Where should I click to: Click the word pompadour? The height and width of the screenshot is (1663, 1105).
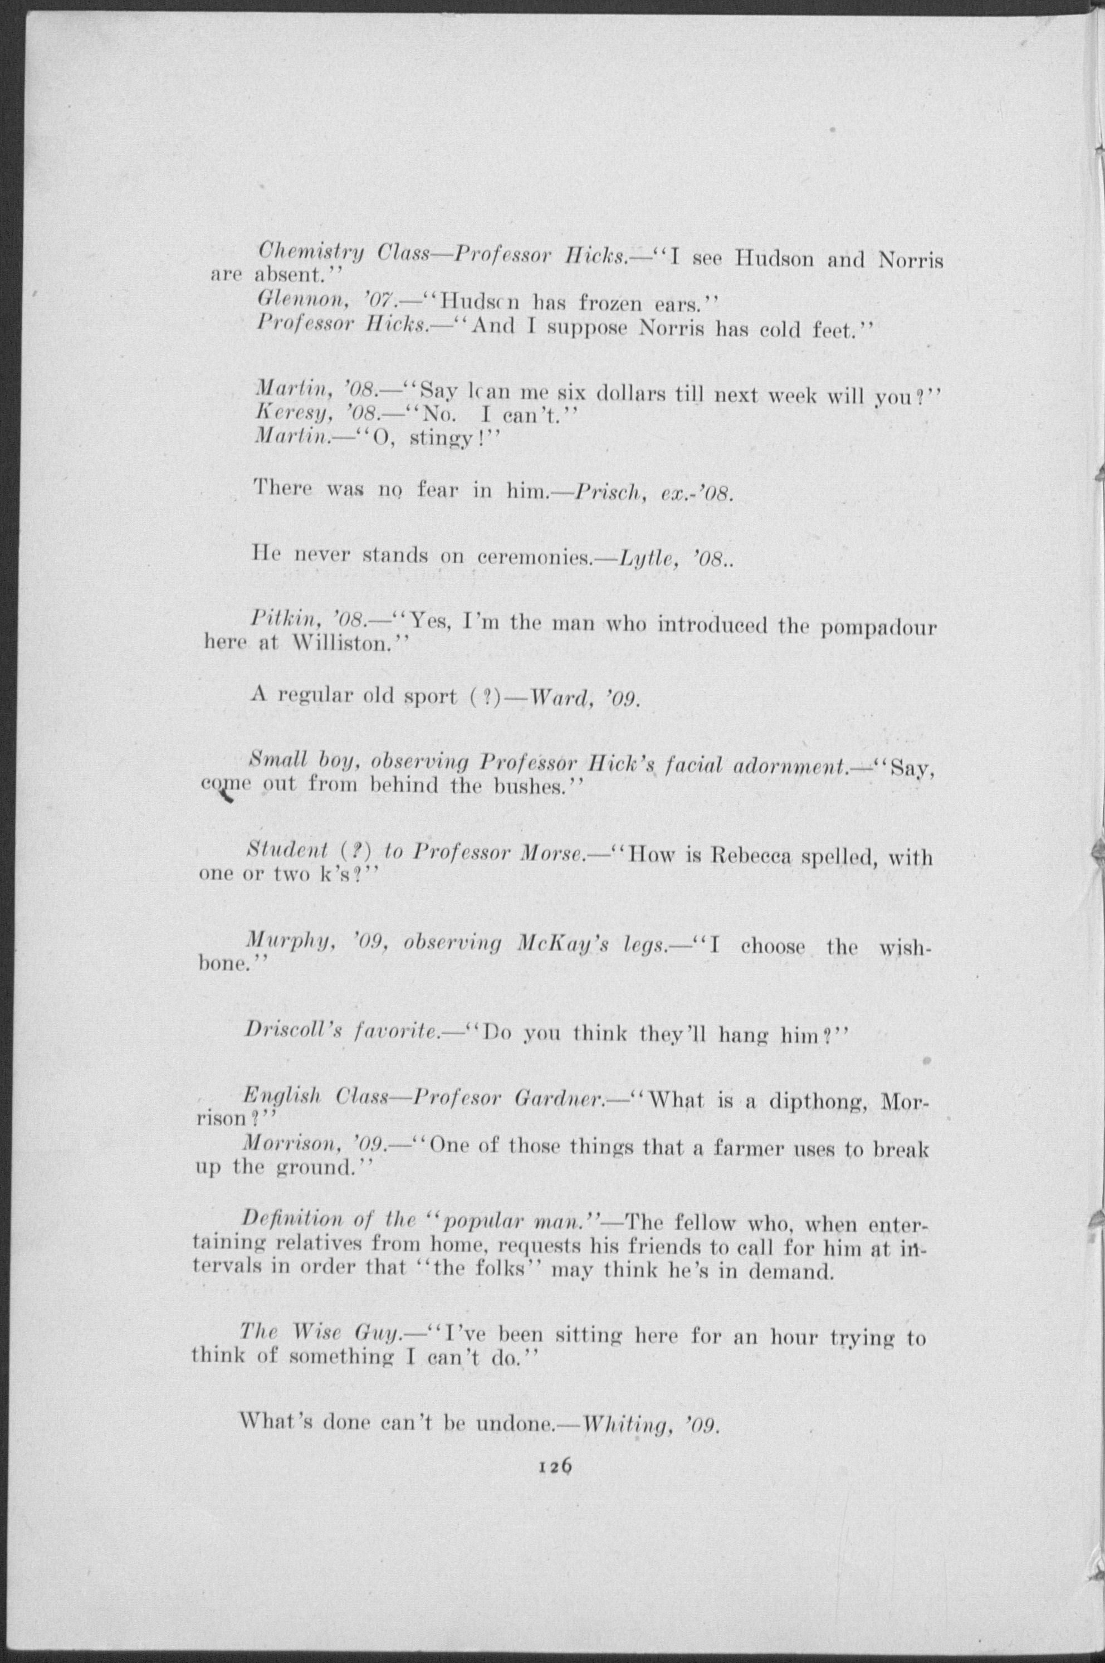click(x=879, y=627)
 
